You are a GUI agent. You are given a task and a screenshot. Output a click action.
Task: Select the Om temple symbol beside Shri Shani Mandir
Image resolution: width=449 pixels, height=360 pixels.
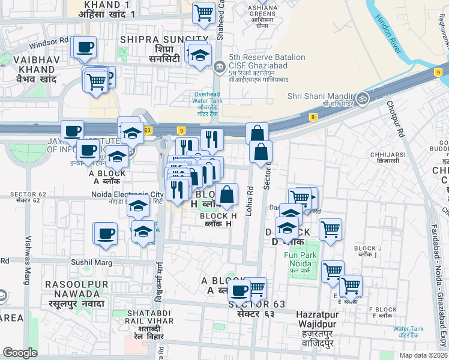point(362,98)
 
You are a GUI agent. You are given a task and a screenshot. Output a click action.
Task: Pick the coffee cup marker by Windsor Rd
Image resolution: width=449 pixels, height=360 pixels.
point(84,47)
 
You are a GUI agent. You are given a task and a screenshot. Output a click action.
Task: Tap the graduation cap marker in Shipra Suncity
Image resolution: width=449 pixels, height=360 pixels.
point(200,56)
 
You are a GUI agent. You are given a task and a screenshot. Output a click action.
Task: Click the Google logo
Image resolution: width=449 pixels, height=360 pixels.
point(20,353)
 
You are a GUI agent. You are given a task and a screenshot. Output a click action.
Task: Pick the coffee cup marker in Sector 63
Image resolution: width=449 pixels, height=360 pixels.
point(240,291)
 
